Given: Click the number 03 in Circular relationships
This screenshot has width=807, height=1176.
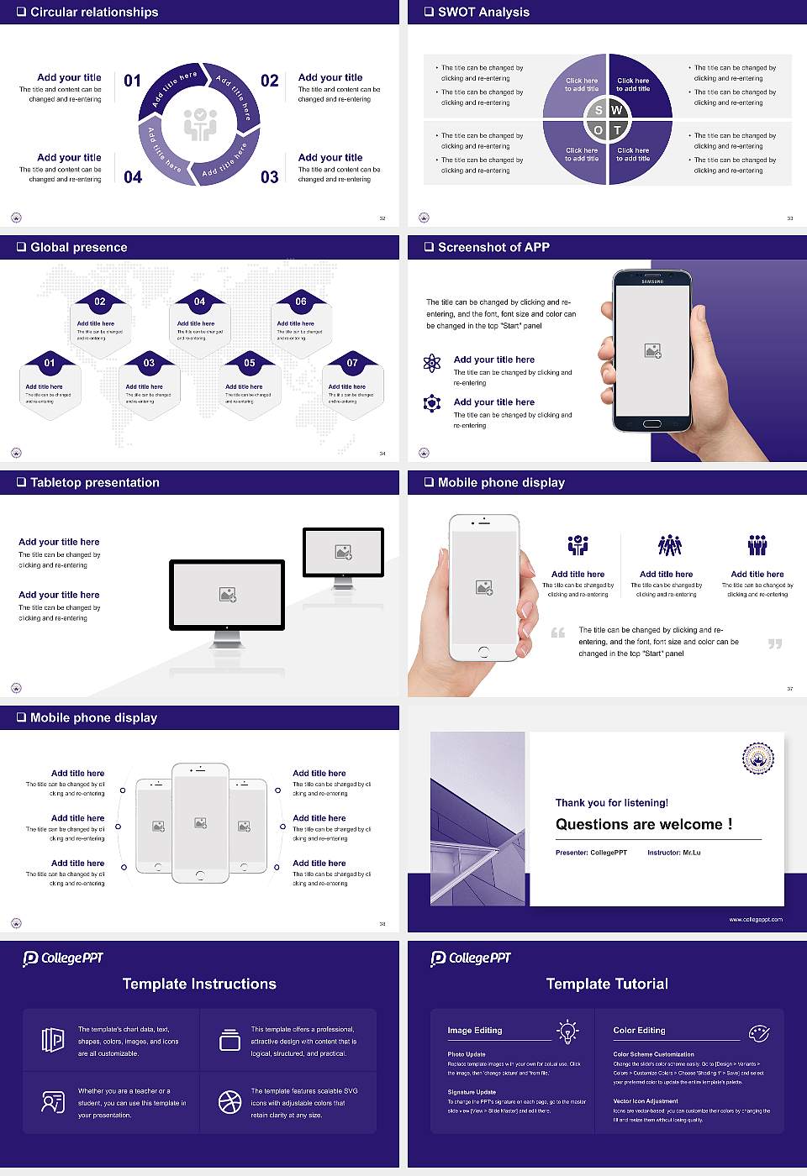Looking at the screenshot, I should pos(269,177).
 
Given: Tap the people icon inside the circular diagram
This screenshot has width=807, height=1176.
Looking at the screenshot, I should pos(200,124).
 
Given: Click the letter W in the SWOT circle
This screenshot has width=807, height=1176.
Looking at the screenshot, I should pos(617,110).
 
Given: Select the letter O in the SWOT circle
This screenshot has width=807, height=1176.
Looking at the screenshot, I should pos(598,130).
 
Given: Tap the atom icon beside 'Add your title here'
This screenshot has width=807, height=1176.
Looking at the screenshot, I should pos(432,363).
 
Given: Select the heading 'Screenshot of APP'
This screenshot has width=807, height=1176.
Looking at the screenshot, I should pos(493,247).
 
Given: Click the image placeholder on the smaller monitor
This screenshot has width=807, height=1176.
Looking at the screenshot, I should pos(343,552).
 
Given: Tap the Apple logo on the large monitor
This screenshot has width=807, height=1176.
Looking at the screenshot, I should pos(227,627).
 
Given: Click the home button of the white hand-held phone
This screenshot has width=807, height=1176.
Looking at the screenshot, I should pos(483,652).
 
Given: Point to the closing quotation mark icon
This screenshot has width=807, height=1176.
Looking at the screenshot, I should pos(775,644).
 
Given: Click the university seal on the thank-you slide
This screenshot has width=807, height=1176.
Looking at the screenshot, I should pos(757,758).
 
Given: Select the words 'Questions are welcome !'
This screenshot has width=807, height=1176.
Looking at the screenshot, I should pos(644,824).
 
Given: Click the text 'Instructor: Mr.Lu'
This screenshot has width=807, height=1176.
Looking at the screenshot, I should pos(673,853).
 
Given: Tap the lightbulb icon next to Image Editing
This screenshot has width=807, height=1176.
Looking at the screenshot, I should pos(567,1031).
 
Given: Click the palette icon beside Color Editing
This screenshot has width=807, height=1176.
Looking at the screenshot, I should pos(758,1032).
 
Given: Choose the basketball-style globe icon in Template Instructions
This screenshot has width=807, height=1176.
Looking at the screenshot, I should pos(229,1102).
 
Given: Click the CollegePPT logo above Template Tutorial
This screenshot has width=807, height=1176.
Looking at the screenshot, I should pos(471,958).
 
